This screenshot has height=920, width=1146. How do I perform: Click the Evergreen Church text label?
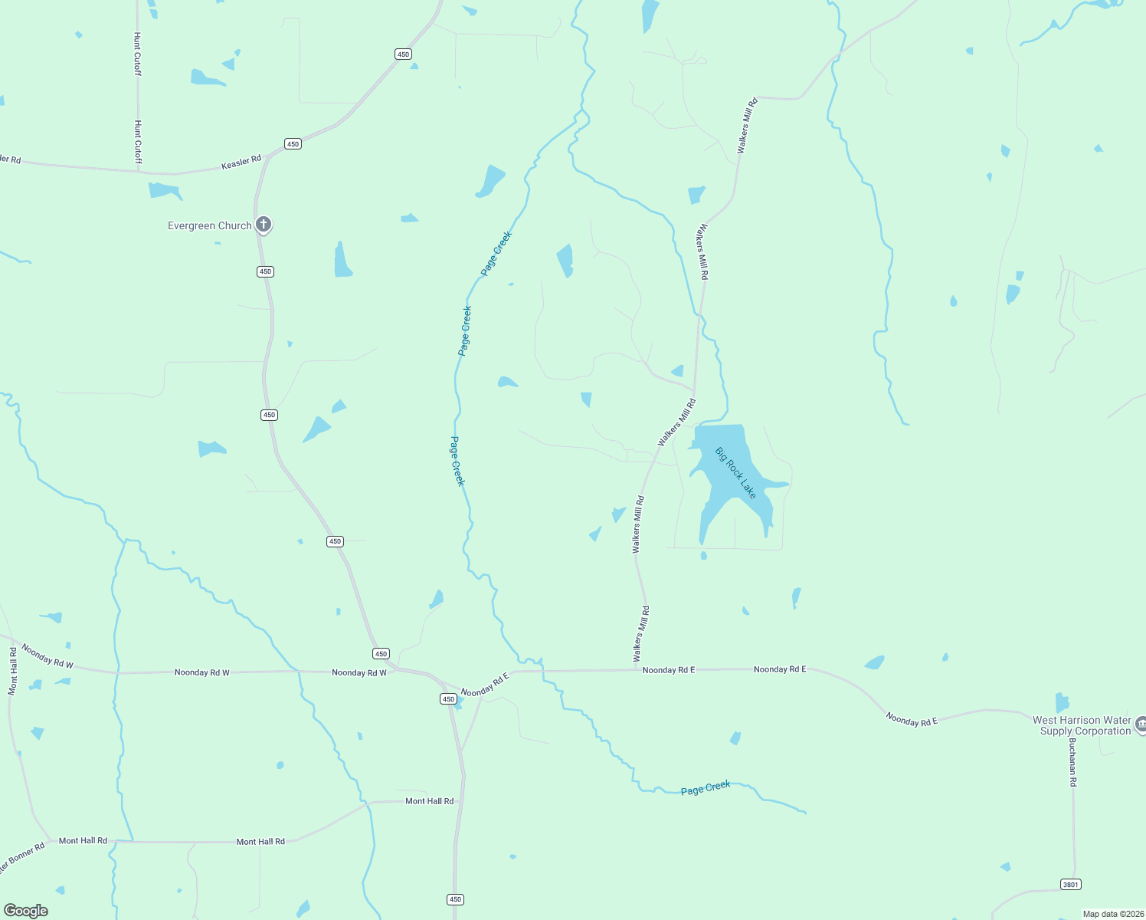coord(210,225)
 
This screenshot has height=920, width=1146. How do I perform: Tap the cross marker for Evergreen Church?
coord(264,225)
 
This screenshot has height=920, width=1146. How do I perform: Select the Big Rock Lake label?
coord(735,473)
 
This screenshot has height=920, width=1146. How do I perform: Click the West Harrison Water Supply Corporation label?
coord(1081,725)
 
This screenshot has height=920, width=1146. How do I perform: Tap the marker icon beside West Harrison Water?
coord(1141,724)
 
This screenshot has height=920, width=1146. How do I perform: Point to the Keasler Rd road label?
coord(241,163)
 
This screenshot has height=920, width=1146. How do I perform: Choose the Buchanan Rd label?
coord(1072,767)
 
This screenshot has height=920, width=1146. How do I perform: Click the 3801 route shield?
coord(1070,885)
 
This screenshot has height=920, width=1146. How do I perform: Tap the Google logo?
coord(26,911)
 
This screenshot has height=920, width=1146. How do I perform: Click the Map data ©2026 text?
coord(1112,914)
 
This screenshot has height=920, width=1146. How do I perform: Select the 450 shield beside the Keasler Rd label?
coord(293,143)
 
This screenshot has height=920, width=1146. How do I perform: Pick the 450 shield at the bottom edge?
coord(456,899)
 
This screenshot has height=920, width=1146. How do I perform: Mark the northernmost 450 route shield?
coord(403,54)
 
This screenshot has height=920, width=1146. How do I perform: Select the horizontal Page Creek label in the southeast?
coord(706,788)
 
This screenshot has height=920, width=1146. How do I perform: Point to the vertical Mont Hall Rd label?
coord(12,672)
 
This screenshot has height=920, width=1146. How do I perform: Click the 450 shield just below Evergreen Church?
coord(265,271)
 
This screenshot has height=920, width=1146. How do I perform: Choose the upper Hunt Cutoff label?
coord(138,54)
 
